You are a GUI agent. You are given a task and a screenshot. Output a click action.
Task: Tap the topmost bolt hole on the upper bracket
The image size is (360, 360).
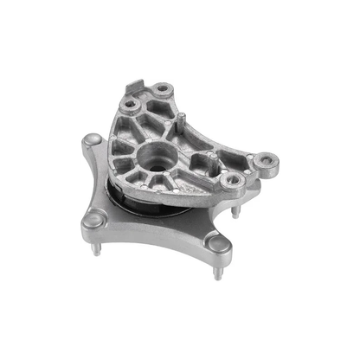pyautogui.click(x=161, y=89)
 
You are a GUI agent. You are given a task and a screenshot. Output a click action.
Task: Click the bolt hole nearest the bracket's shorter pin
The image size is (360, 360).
pyautogui.click(x=231, y=180)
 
